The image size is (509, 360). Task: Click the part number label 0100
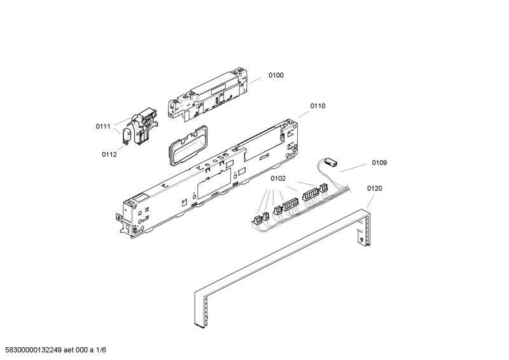275,76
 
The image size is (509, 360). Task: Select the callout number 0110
317,106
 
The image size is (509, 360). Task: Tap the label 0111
103,127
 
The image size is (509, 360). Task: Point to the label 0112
109,155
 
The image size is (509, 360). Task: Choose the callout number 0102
277,179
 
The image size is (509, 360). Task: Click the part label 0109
379,163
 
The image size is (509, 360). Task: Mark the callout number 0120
374,188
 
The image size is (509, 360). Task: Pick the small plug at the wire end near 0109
330,162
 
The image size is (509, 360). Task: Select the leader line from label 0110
302,115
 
